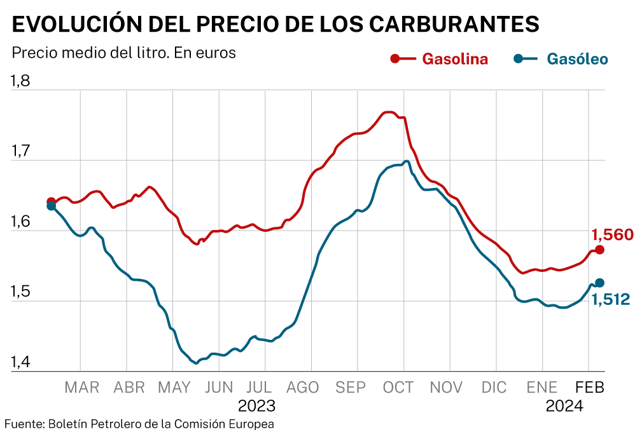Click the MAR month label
pos(82,387)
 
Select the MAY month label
pos(174,387)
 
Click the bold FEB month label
pos(589,387)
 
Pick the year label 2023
pos(256,405)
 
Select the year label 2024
pos(564,405)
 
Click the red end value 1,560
pos(613,234)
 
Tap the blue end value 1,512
pos(611,299)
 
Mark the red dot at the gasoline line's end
pos(599,250)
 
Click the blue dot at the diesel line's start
pos(51,206)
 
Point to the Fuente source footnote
pos(139,424)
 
